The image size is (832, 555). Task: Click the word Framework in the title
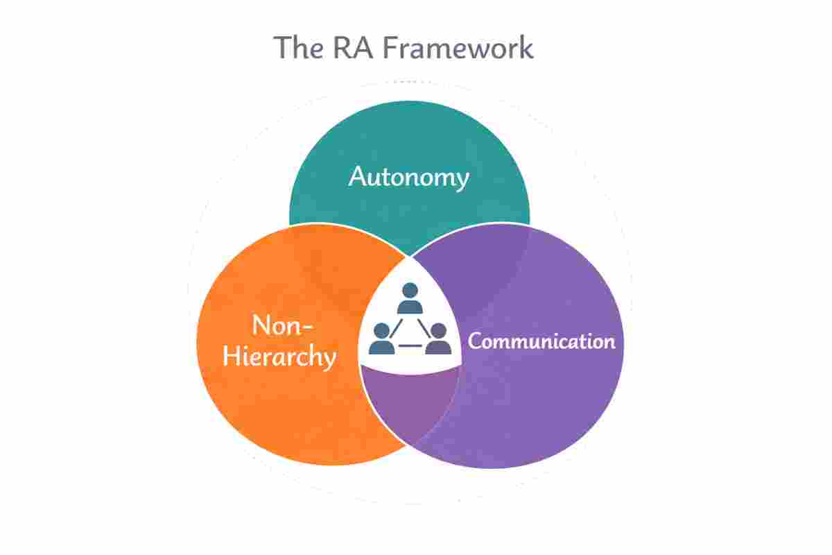click(x=460, y=48)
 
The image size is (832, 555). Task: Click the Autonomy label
click(x=408, y=178)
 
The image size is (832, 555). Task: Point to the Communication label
click(x=541, y=341)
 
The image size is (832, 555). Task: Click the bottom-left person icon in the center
click(x=381, y=339)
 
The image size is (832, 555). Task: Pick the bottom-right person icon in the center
click(x=437, y=339)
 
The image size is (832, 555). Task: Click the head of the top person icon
click(x=410, y=291)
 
